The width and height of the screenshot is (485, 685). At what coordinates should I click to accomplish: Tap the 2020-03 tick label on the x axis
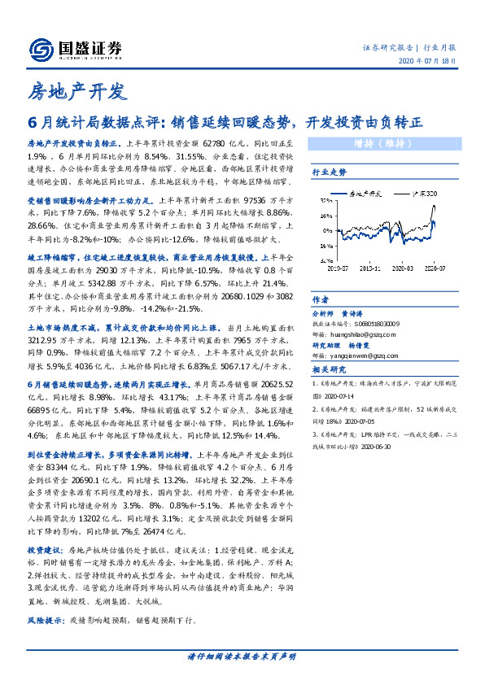click(403, 266)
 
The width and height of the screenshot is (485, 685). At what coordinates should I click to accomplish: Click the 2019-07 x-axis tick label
click(334, 266)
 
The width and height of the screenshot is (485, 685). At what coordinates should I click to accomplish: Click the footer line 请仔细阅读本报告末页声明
click(242, 656)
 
